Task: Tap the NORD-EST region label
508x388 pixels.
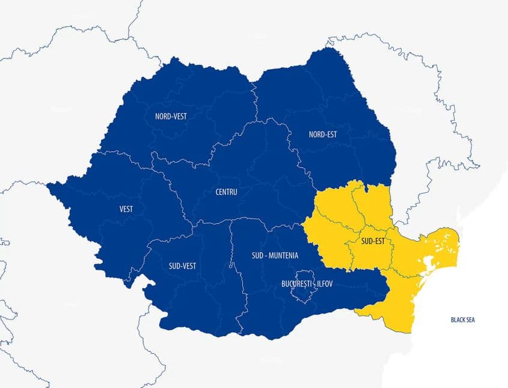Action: pyautogui.click(x=322, y=135)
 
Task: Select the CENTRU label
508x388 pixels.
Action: pyautogui.click(x=226, y=192)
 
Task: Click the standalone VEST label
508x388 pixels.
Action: pyautogui.click(x=126, y=209)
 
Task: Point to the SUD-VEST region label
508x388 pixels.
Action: pyautogui.click(x=182, y=266)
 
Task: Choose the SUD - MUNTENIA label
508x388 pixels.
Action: pyautogui.click(x=275, y=255)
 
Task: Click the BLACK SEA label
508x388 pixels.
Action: pyautogui.click(x=462, y=320)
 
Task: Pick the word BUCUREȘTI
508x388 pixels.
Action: pyautogui.click(x=296, y=283)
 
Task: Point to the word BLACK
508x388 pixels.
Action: pyautogui.click(x=458, y=320)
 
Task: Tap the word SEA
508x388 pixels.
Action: pyautogui.click(x=470, y=320)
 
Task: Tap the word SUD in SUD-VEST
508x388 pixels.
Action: pyautogui.click(x=174, y=266)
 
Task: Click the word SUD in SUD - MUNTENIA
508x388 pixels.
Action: pyautogui.click(x=257, y=255)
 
